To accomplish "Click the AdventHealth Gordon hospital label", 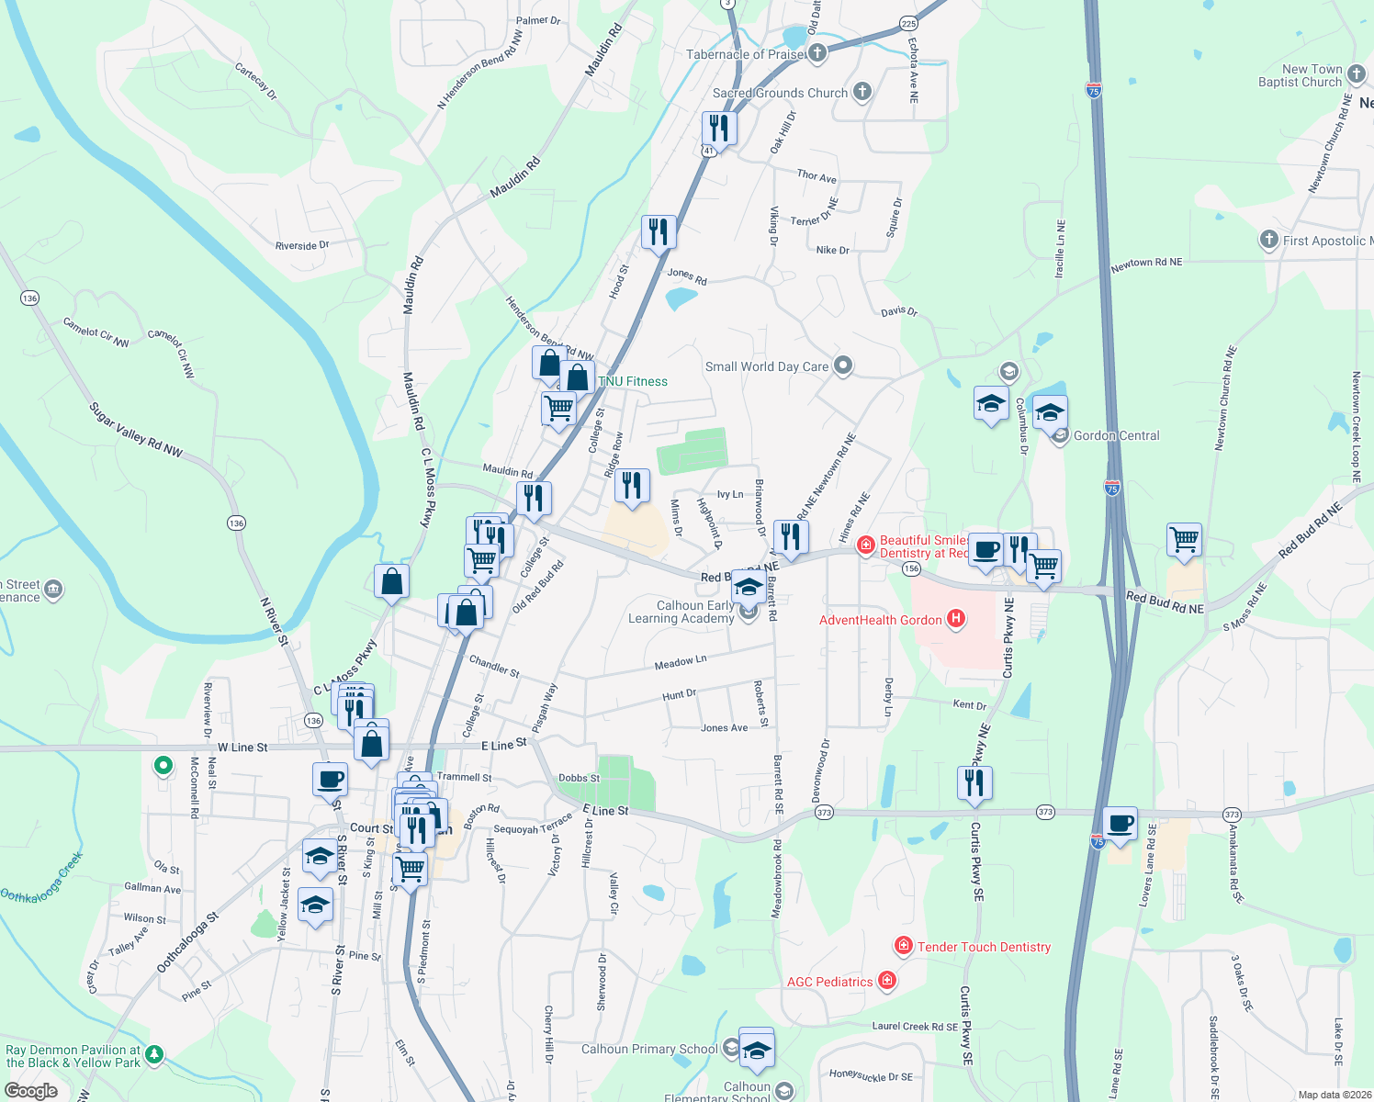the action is tap(881, 620).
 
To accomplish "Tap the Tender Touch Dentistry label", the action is tap(984, 947).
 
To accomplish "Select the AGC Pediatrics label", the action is tap(829, 982).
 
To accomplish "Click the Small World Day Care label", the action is tap(766, 366).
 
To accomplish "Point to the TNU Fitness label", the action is tap(633, 381).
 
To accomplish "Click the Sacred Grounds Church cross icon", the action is tap(862, 91).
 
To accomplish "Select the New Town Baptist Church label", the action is tap(1300, 75).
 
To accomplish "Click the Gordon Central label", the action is tap(1116, 435).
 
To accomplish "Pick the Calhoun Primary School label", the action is tap(649, 1049).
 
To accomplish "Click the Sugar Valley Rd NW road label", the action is tap(136, 429).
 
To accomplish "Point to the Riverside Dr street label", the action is tap(302, 245).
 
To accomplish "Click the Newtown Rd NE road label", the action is tap(1146, 264).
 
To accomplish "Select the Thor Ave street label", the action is tap(817, 175).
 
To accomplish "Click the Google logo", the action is tap(30, 1091).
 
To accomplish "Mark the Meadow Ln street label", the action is tap(681, 661).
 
